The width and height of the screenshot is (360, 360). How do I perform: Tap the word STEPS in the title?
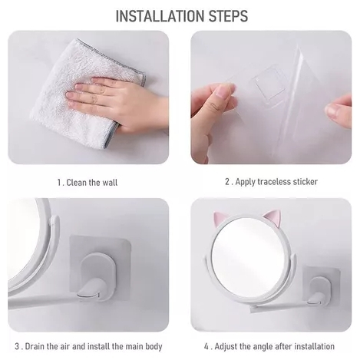pyautogui.click(x=228, y=16)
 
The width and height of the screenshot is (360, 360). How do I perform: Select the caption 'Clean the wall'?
pyautogui.click(x=92, y=183)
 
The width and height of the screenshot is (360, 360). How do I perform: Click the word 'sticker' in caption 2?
pyautogui.click(x=306, y=182)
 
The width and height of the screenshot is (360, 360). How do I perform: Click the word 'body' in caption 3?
pyautogui.click(x=154, y=347)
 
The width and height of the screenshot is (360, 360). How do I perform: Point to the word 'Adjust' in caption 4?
pyautogui.click(x=226, y=347)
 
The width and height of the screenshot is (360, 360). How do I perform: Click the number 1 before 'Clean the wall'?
pyautogui.click(x=60, y=183)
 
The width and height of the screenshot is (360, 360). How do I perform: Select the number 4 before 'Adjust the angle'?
pyautogui.click(x=206, y=347)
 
